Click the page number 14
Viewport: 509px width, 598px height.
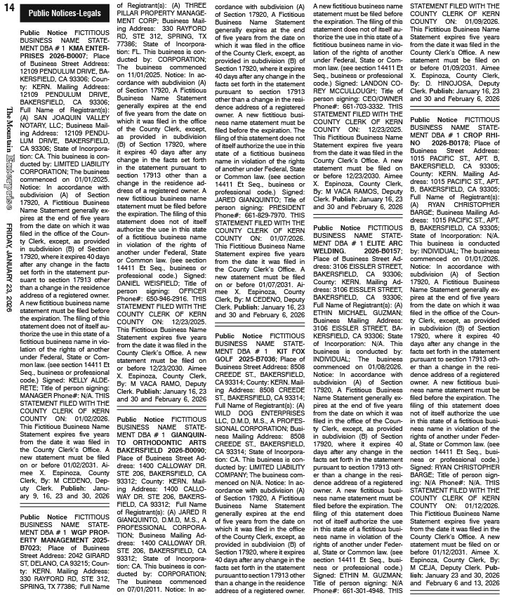pyautogui.click(x=8, y=8)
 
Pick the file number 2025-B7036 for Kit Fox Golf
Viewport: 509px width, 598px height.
pyautogui.click(x=258, y=357)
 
